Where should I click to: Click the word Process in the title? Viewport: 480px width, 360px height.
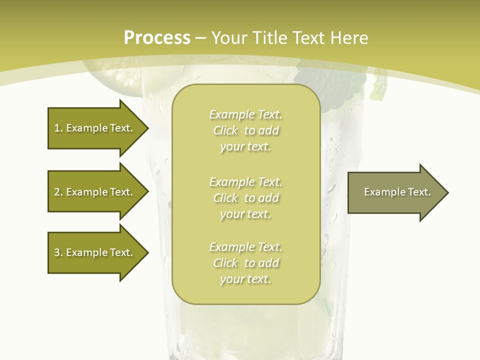coord(157,38)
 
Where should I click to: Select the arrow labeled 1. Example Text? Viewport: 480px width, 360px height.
coord(95,128)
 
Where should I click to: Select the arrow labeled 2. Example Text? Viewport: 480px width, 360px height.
coord(95,192)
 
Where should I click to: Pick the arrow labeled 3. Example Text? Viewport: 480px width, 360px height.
coord(95,252)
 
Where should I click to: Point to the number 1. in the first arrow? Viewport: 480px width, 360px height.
coord(58,128)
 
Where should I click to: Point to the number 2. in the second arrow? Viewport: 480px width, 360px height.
coord(58,192)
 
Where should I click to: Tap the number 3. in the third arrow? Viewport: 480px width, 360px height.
coord(58,252)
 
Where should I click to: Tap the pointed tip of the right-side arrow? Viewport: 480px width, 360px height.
coord(447,192)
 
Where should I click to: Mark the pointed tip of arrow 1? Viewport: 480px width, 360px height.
coord(148,128)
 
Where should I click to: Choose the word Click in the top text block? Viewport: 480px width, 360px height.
coord(225,130)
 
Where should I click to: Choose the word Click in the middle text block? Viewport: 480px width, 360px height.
coord(225,198)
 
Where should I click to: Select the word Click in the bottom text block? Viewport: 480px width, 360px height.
coord(225,263)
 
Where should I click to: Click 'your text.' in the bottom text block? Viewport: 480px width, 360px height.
coord(245,279)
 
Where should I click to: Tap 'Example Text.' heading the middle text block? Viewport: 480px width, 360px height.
coord(245,182)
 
